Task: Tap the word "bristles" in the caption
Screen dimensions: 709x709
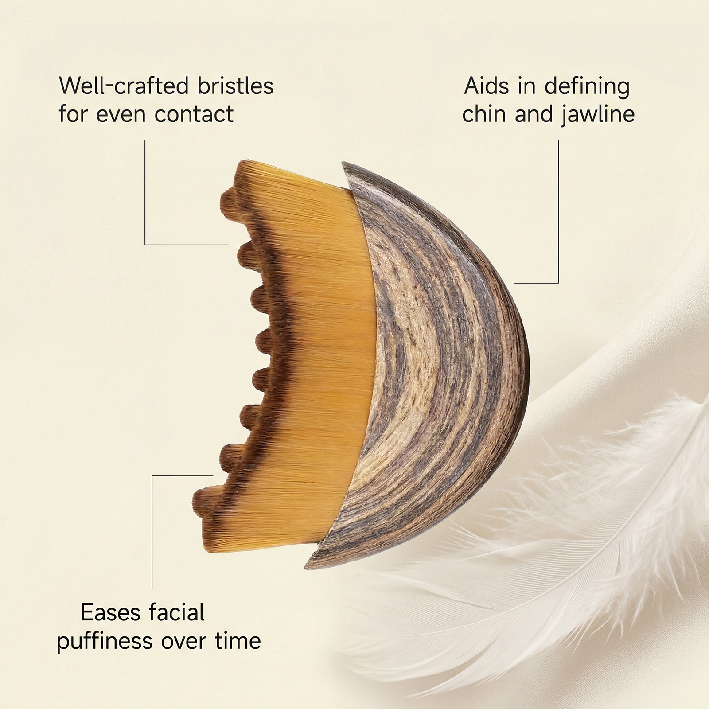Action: [235, 86]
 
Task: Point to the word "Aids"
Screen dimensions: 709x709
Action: [487, 86]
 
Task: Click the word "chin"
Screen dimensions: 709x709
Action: [485, 114]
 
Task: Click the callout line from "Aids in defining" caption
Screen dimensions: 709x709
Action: [558, 213]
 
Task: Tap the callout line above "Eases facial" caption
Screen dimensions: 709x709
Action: [152, 532]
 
